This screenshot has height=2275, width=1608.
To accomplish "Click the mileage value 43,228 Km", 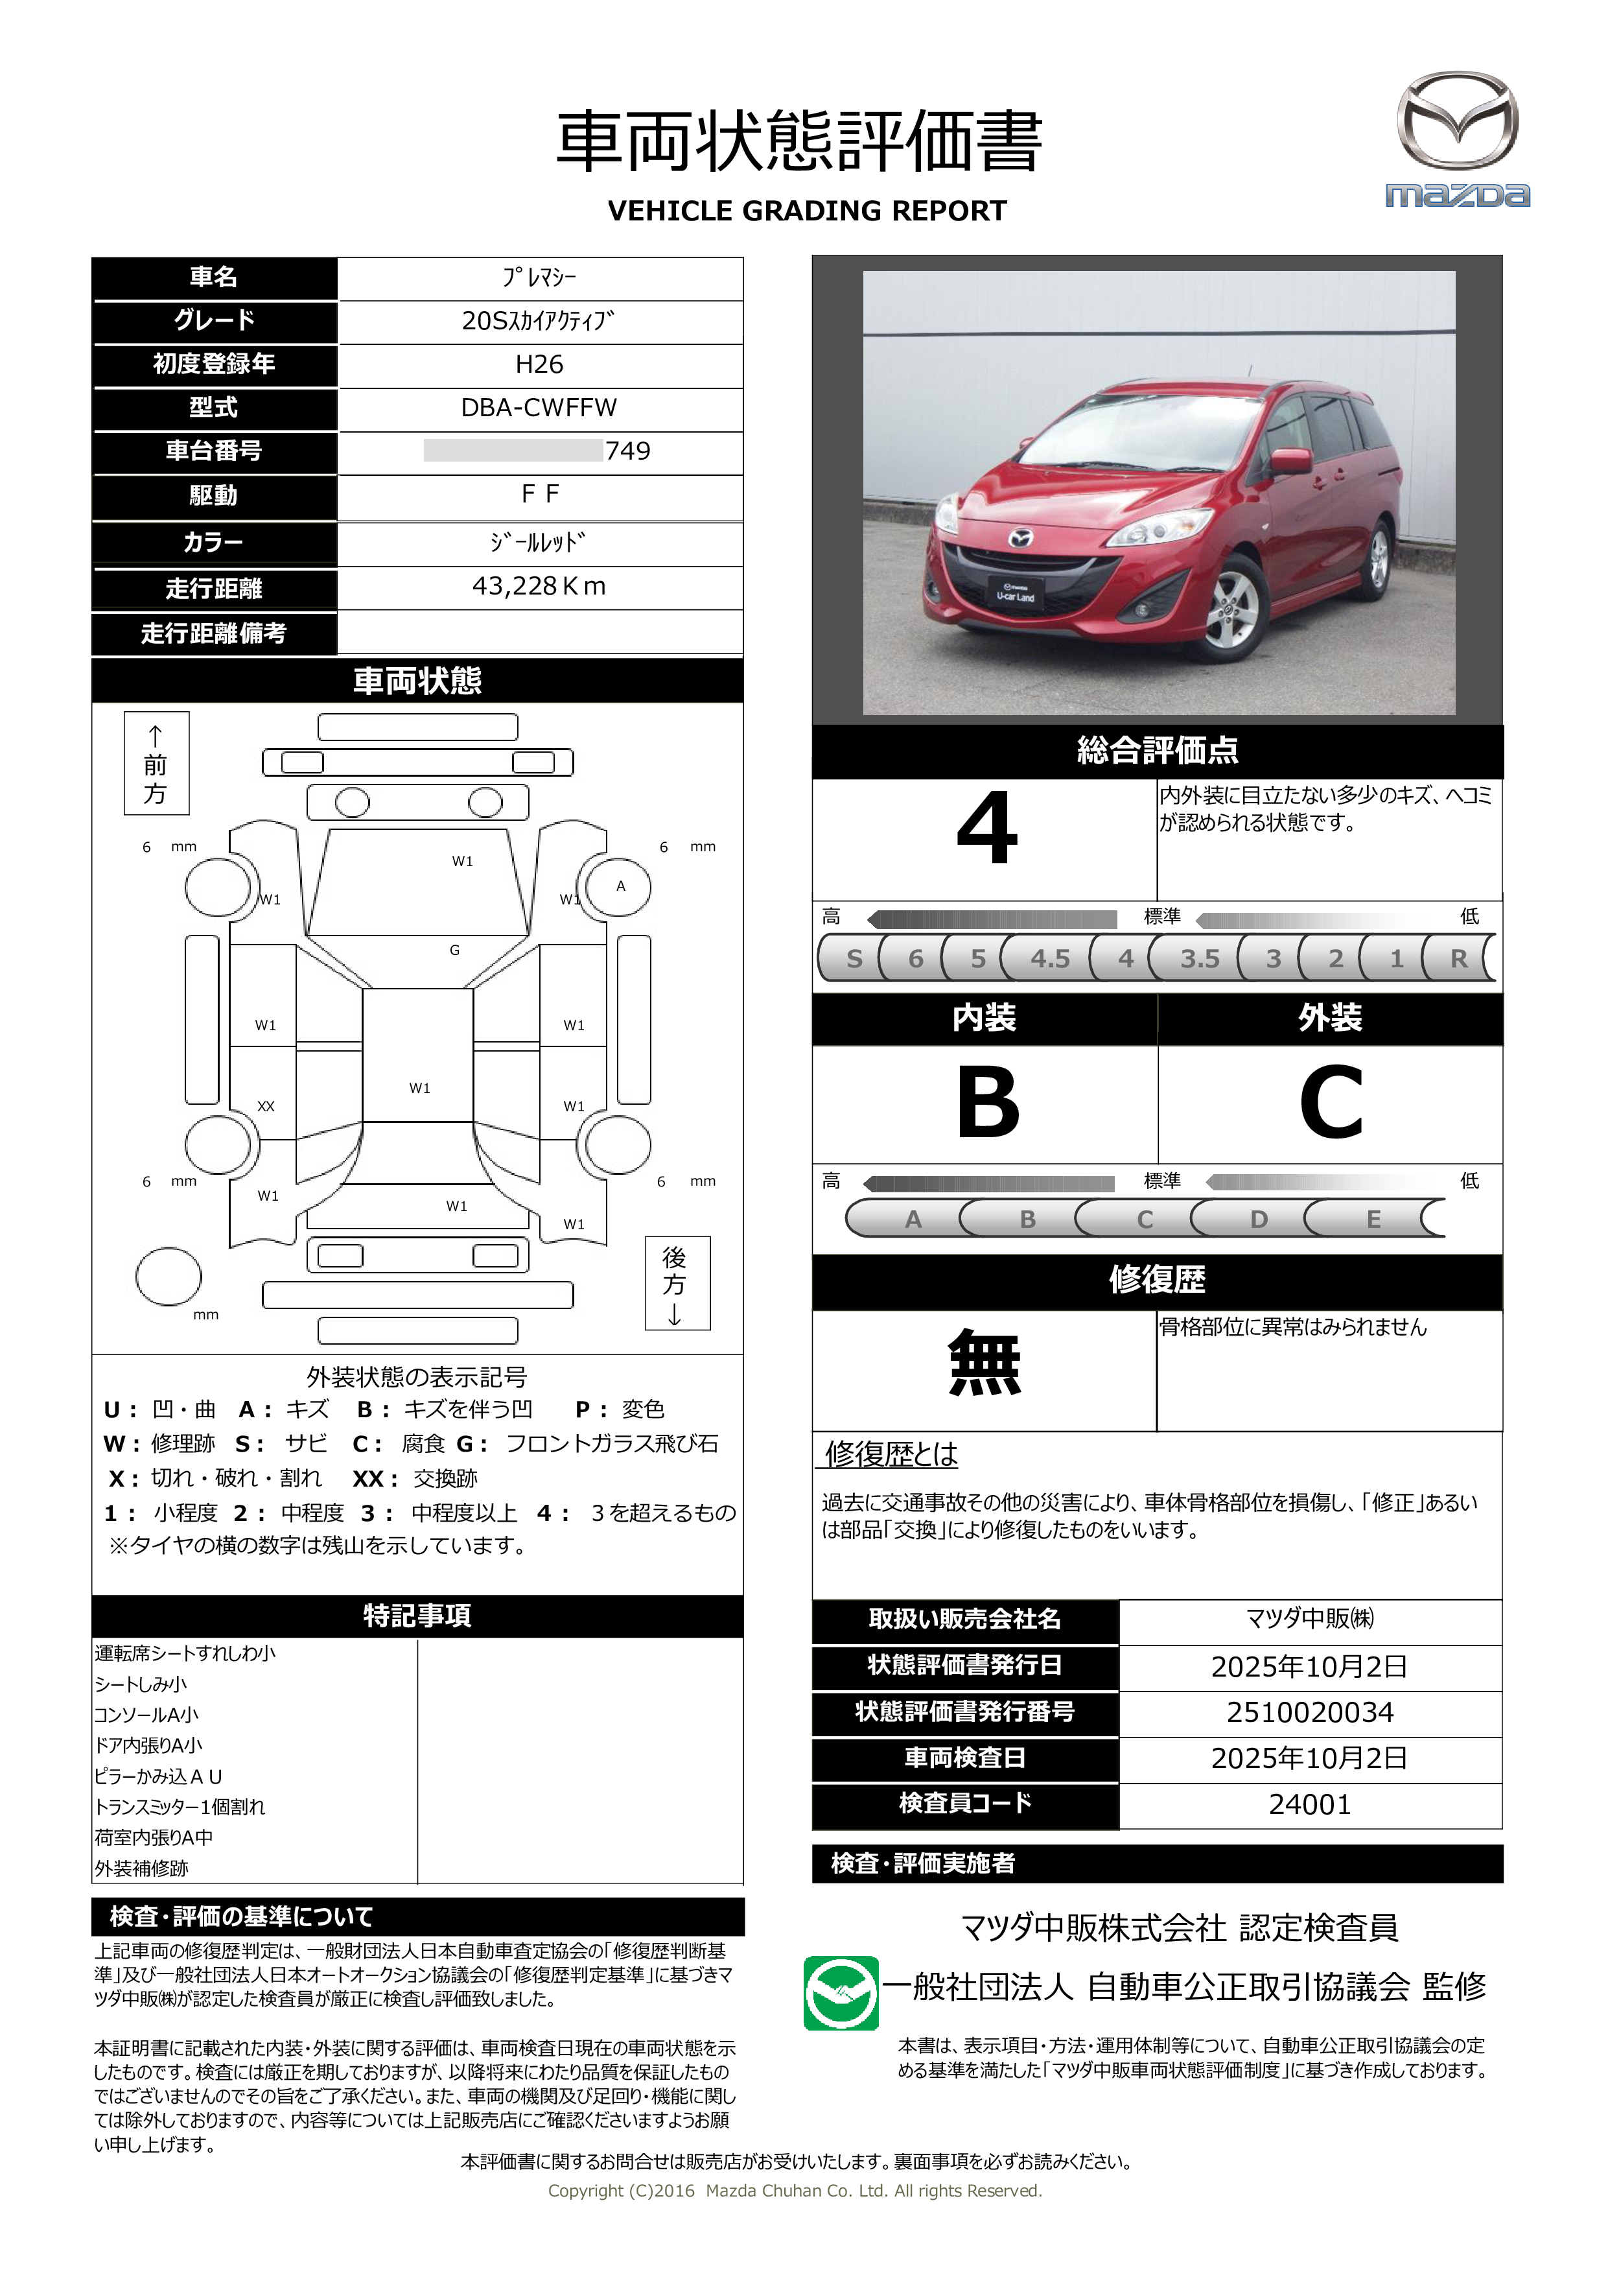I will point(539,587).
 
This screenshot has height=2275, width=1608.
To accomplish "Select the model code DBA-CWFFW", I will point(539,407).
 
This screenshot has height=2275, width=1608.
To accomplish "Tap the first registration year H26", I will point(539,364).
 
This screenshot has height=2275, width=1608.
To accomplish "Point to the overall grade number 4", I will point(987,829).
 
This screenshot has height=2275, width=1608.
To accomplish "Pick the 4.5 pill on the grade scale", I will point(1049,958).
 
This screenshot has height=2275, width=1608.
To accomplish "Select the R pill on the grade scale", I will point(1458,958).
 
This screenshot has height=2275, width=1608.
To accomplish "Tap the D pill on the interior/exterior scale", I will point(1258,1219).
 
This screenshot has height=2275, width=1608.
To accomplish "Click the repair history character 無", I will point(984,1363).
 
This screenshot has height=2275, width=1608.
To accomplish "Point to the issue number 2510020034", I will point(1310,1712).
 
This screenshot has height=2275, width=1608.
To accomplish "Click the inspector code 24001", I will point(1310,1804).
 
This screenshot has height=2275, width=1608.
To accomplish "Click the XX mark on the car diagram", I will point(266,1106).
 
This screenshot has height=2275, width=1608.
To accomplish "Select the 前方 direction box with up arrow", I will point(156,763).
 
